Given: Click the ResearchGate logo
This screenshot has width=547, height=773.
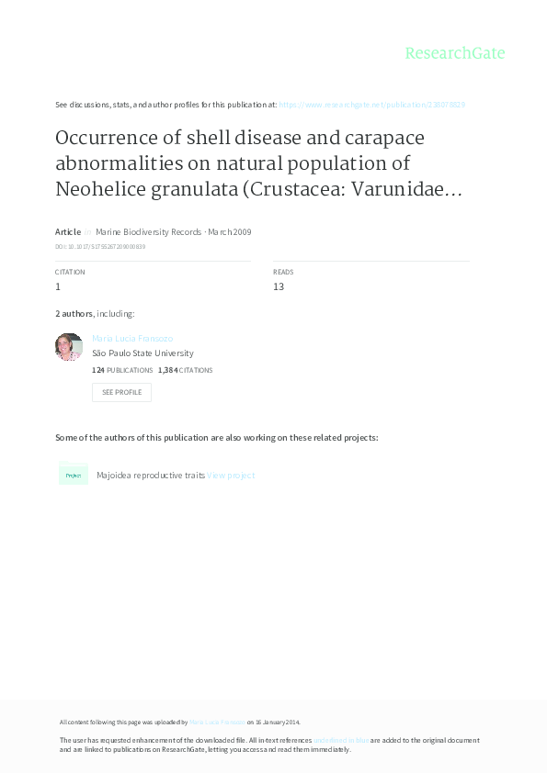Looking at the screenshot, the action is (455, 53).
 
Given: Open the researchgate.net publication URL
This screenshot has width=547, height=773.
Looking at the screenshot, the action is (371, 105).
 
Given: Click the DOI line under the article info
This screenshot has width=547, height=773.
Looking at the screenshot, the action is (100, 247).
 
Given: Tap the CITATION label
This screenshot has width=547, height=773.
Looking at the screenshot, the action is (70, 273).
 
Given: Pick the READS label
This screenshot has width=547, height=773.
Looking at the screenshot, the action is (283, 273).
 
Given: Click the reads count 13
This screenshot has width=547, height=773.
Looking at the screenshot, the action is (279, 286).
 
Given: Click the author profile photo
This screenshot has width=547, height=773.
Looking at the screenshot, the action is (69, 347).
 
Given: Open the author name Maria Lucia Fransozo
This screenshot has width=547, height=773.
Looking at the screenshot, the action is (132, 339).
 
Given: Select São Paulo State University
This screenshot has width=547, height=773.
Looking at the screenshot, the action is (142, 353).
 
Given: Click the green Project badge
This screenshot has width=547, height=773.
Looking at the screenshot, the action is (74, 475).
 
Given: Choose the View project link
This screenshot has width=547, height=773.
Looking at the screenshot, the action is (231, 476).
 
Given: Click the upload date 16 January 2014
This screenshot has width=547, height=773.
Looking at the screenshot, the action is (278, 723).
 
